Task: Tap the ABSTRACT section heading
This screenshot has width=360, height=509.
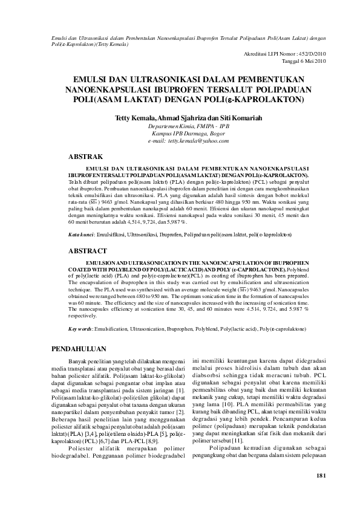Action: click(x=88, y=250)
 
